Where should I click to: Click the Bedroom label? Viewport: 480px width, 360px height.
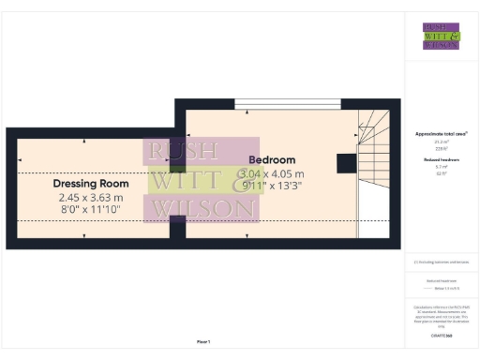tap(272, 160)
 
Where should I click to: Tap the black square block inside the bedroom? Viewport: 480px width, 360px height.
tap(345, 163)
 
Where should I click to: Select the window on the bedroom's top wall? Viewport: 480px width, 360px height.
tap(275, 104)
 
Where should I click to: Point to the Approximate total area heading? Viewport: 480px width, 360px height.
tap(441, 134)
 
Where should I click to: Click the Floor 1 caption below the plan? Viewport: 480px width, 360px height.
tap(203, 341)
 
